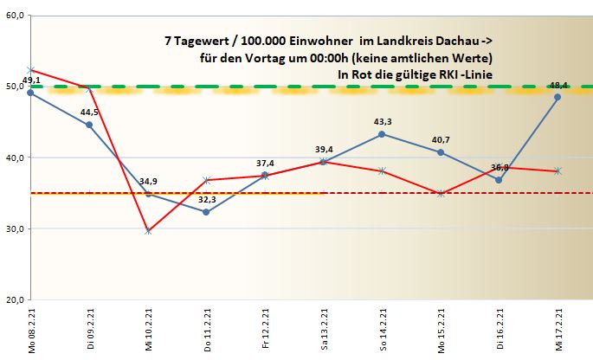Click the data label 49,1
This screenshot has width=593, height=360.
click(31, 80)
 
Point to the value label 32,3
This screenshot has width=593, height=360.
click(207, 200)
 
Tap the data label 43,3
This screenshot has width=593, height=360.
click(383, 121)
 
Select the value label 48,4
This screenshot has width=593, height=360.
click(558, 86)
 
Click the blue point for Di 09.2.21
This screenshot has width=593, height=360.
click(90, 125)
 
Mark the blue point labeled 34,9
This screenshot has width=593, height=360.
click(148, 194)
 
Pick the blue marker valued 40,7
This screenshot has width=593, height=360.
click(441, 152)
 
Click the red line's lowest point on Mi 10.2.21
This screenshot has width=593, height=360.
click(148, 231)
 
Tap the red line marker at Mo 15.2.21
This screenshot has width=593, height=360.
click(441, 193)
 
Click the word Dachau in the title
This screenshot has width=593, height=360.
click(463, 41)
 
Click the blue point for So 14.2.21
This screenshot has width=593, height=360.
click(383, 134)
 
